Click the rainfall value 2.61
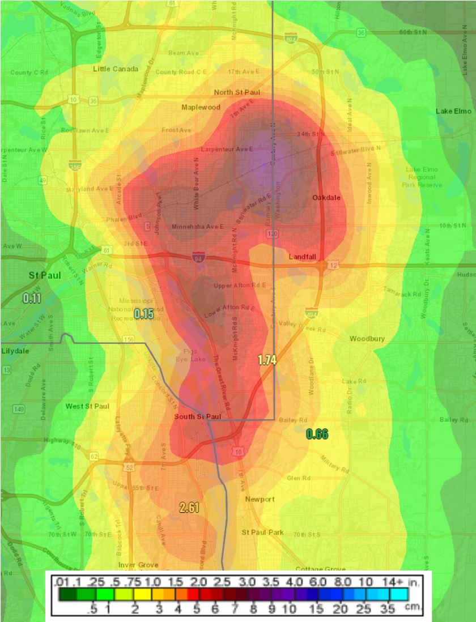pos(189,508)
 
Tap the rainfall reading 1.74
pos(267,360)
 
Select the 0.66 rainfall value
pos(317,434)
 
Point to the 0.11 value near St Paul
pos(32,297)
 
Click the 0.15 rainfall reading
pos(144,313)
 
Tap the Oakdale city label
pos(326,197)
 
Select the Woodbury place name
pos(367,339)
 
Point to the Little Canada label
pos(116,69)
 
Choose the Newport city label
pos(260,499)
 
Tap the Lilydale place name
pos(15,351)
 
